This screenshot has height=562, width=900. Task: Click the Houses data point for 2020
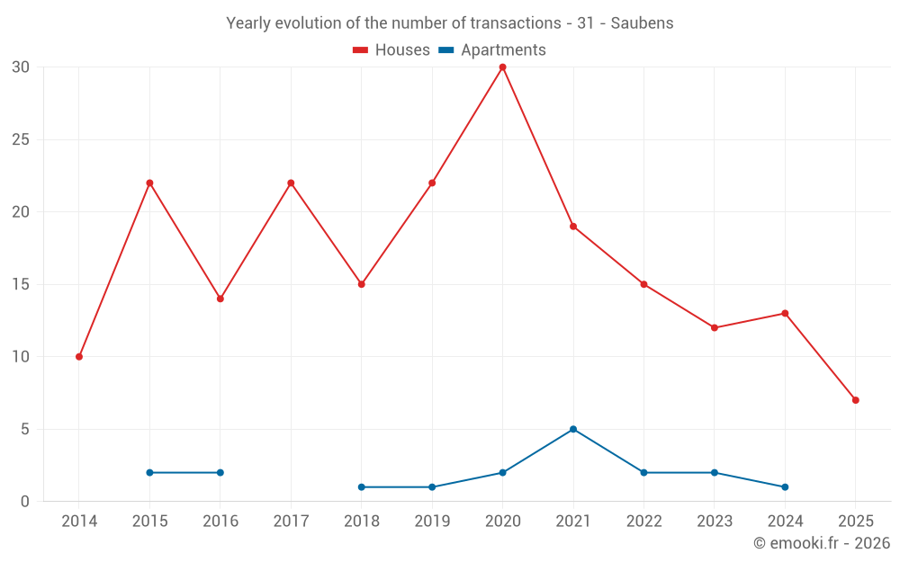pos(502,67)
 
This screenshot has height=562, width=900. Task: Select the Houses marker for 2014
pos(79,357)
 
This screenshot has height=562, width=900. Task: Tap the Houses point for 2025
pos(856,400)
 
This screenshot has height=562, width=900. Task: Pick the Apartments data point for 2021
pos(573,429)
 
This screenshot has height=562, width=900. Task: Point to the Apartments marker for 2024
pos(785,487)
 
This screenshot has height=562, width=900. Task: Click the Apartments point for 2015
pos(149,473)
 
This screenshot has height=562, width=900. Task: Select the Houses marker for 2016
pos(220,299)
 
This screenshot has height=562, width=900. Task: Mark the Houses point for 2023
pos(715,328)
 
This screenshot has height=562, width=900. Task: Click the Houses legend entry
pos(391,50)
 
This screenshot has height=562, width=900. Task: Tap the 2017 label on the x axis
pos(291,522)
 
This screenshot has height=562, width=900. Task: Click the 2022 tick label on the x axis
pos(643,522)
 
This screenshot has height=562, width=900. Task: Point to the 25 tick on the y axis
pos(21,140)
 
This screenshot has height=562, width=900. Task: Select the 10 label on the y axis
pos(21,357)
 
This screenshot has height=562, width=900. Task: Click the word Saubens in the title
pos(642,23)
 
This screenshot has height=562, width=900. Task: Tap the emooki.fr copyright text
pos(822,543)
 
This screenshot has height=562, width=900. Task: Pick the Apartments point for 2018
pos(362,487)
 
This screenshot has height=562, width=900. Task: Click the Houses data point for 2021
pos(573,227)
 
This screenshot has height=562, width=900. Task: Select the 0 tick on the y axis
pos(25,502)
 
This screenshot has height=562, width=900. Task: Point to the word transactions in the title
pos(508,23)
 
